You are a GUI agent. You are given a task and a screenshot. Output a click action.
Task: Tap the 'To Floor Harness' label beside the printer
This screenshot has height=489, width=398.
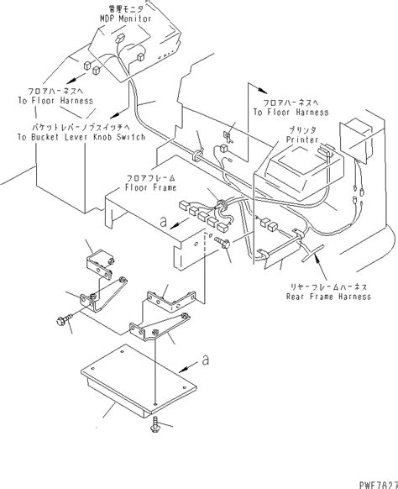[x=287, y=109]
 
